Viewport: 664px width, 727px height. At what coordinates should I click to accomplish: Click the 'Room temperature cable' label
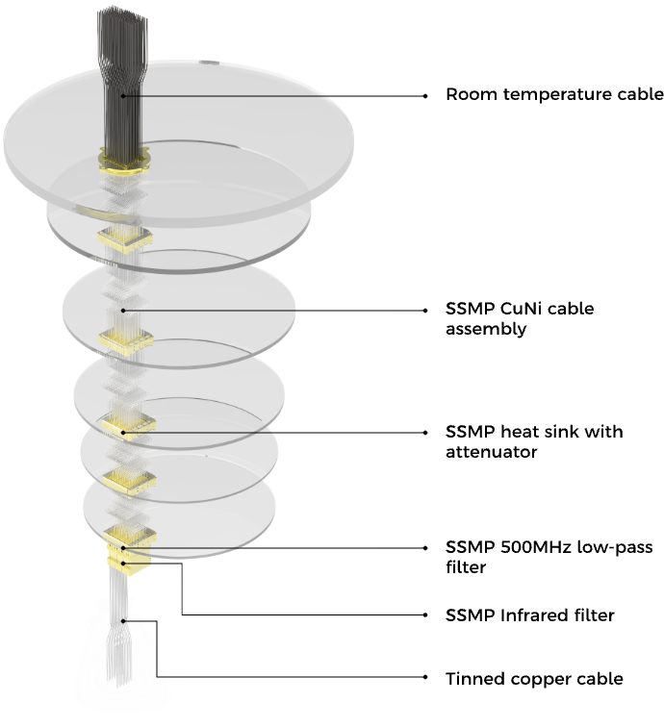pos(554,94)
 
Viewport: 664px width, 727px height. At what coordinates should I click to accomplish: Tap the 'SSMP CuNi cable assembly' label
pos(520,319)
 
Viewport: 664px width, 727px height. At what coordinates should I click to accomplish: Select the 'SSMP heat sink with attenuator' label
pos(534,441)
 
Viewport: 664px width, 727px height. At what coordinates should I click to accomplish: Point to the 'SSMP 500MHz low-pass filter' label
pos(549,558)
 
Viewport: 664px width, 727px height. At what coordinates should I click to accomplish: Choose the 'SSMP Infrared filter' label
pos(530,615)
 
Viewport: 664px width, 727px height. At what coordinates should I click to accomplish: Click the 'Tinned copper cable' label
pos(534,679)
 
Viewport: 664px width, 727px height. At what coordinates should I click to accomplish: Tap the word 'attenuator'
pos(492,452)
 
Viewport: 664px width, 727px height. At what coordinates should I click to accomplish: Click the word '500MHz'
pos(536,547)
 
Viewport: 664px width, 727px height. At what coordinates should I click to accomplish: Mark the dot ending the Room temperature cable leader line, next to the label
pos(425,96)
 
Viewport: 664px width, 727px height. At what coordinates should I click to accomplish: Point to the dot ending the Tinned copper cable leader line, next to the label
pos(425,677)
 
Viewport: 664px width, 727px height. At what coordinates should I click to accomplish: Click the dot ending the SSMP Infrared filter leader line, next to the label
pos(425,615)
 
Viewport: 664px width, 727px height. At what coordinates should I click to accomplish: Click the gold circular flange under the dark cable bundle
pos(124,162)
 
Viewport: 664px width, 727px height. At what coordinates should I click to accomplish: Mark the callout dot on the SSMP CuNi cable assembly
pos(123,311)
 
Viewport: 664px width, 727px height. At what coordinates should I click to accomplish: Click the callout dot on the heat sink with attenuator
pos(123,433)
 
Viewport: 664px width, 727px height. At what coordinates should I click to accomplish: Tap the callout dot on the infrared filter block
pos(123,564)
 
